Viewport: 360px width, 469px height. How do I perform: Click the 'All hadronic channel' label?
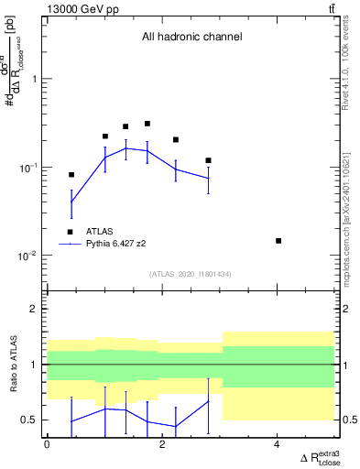click(x=191, y=38)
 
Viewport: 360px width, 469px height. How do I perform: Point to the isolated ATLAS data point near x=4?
click(x=278, y=241)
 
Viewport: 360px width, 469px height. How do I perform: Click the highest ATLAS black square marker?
click(x=147, y=124)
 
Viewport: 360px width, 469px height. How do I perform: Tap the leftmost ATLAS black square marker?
click(x=71, y=175)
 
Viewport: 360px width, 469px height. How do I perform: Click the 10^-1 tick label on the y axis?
click(x=29, y=168)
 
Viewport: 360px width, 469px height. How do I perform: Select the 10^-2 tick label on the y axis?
click(x=29, y=256)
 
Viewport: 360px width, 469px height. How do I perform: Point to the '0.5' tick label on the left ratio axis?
click(x=30, y=420)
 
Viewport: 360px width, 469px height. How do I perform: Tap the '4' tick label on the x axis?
click(x=278, y=444)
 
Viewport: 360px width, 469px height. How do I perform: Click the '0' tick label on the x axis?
click(x=47, y=444)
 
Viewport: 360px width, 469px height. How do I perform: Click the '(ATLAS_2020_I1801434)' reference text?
click(x=191, y=274)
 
